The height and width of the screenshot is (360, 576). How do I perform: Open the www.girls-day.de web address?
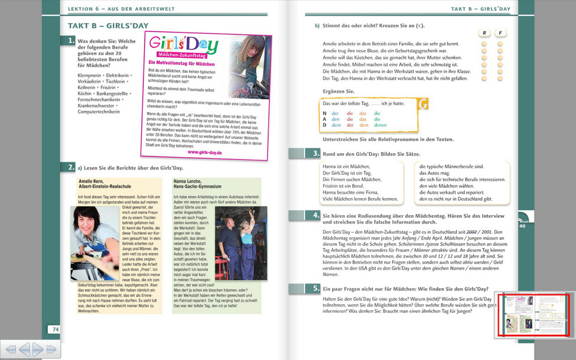pos(204,152)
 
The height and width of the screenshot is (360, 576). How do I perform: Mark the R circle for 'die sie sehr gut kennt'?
pos(484,44)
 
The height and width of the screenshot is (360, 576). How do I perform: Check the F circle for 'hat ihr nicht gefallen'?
pos(500,78)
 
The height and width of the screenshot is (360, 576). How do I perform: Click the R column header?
pos(484,33)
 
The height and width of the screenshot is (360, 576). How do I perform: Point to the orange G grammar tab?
pos(423,104)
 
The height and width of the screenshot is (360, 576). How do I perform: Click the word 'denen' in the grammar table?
pos(380,125)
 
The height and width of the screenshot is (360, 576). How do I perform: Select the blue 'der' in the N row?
pos(335,113)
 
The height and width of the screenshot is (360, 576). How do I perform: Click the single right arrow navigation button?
pos(38,349)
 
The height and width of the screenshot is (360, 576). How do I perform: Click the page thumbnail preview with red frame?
pos(534,316)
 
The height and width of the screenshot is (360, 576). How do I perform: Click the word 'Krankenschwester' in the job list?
pos(97,105)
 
